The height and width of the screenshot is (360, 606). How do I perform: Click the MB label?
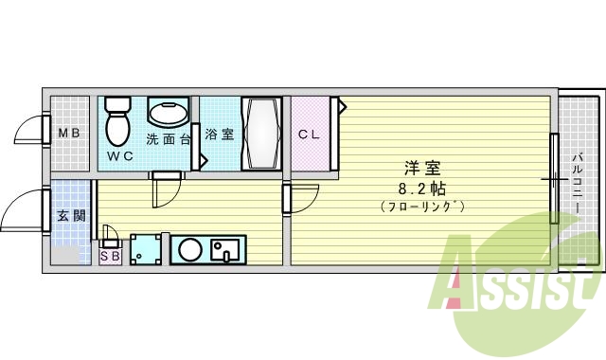click(x=70, y=134)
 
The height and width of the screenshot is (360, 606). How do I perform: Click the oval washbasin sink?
click(x=168, y=113)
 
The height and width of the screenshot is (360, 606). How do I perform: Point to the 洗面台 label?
click(x=169, y=139)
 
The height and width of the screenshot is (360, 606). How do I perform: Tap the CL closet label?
click(x=309, y=135)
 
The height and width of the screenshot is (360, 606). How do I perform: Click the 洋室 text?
click(x=421, y=169)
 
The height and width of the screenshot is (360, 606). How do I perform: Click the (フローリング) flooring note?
click(x=421, y=206)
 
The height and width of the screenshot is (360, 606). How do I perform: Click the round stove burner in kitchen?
click(x=190, y=250)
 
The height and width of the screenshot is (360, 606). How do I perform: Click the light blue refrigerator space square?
click(x=146, y=250)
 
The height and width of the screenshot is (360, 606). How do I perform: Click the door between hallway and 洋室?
click(x=288, y=198)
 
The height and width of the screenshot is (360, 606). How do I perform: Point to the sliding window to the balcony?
click(x=554, y=177)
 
